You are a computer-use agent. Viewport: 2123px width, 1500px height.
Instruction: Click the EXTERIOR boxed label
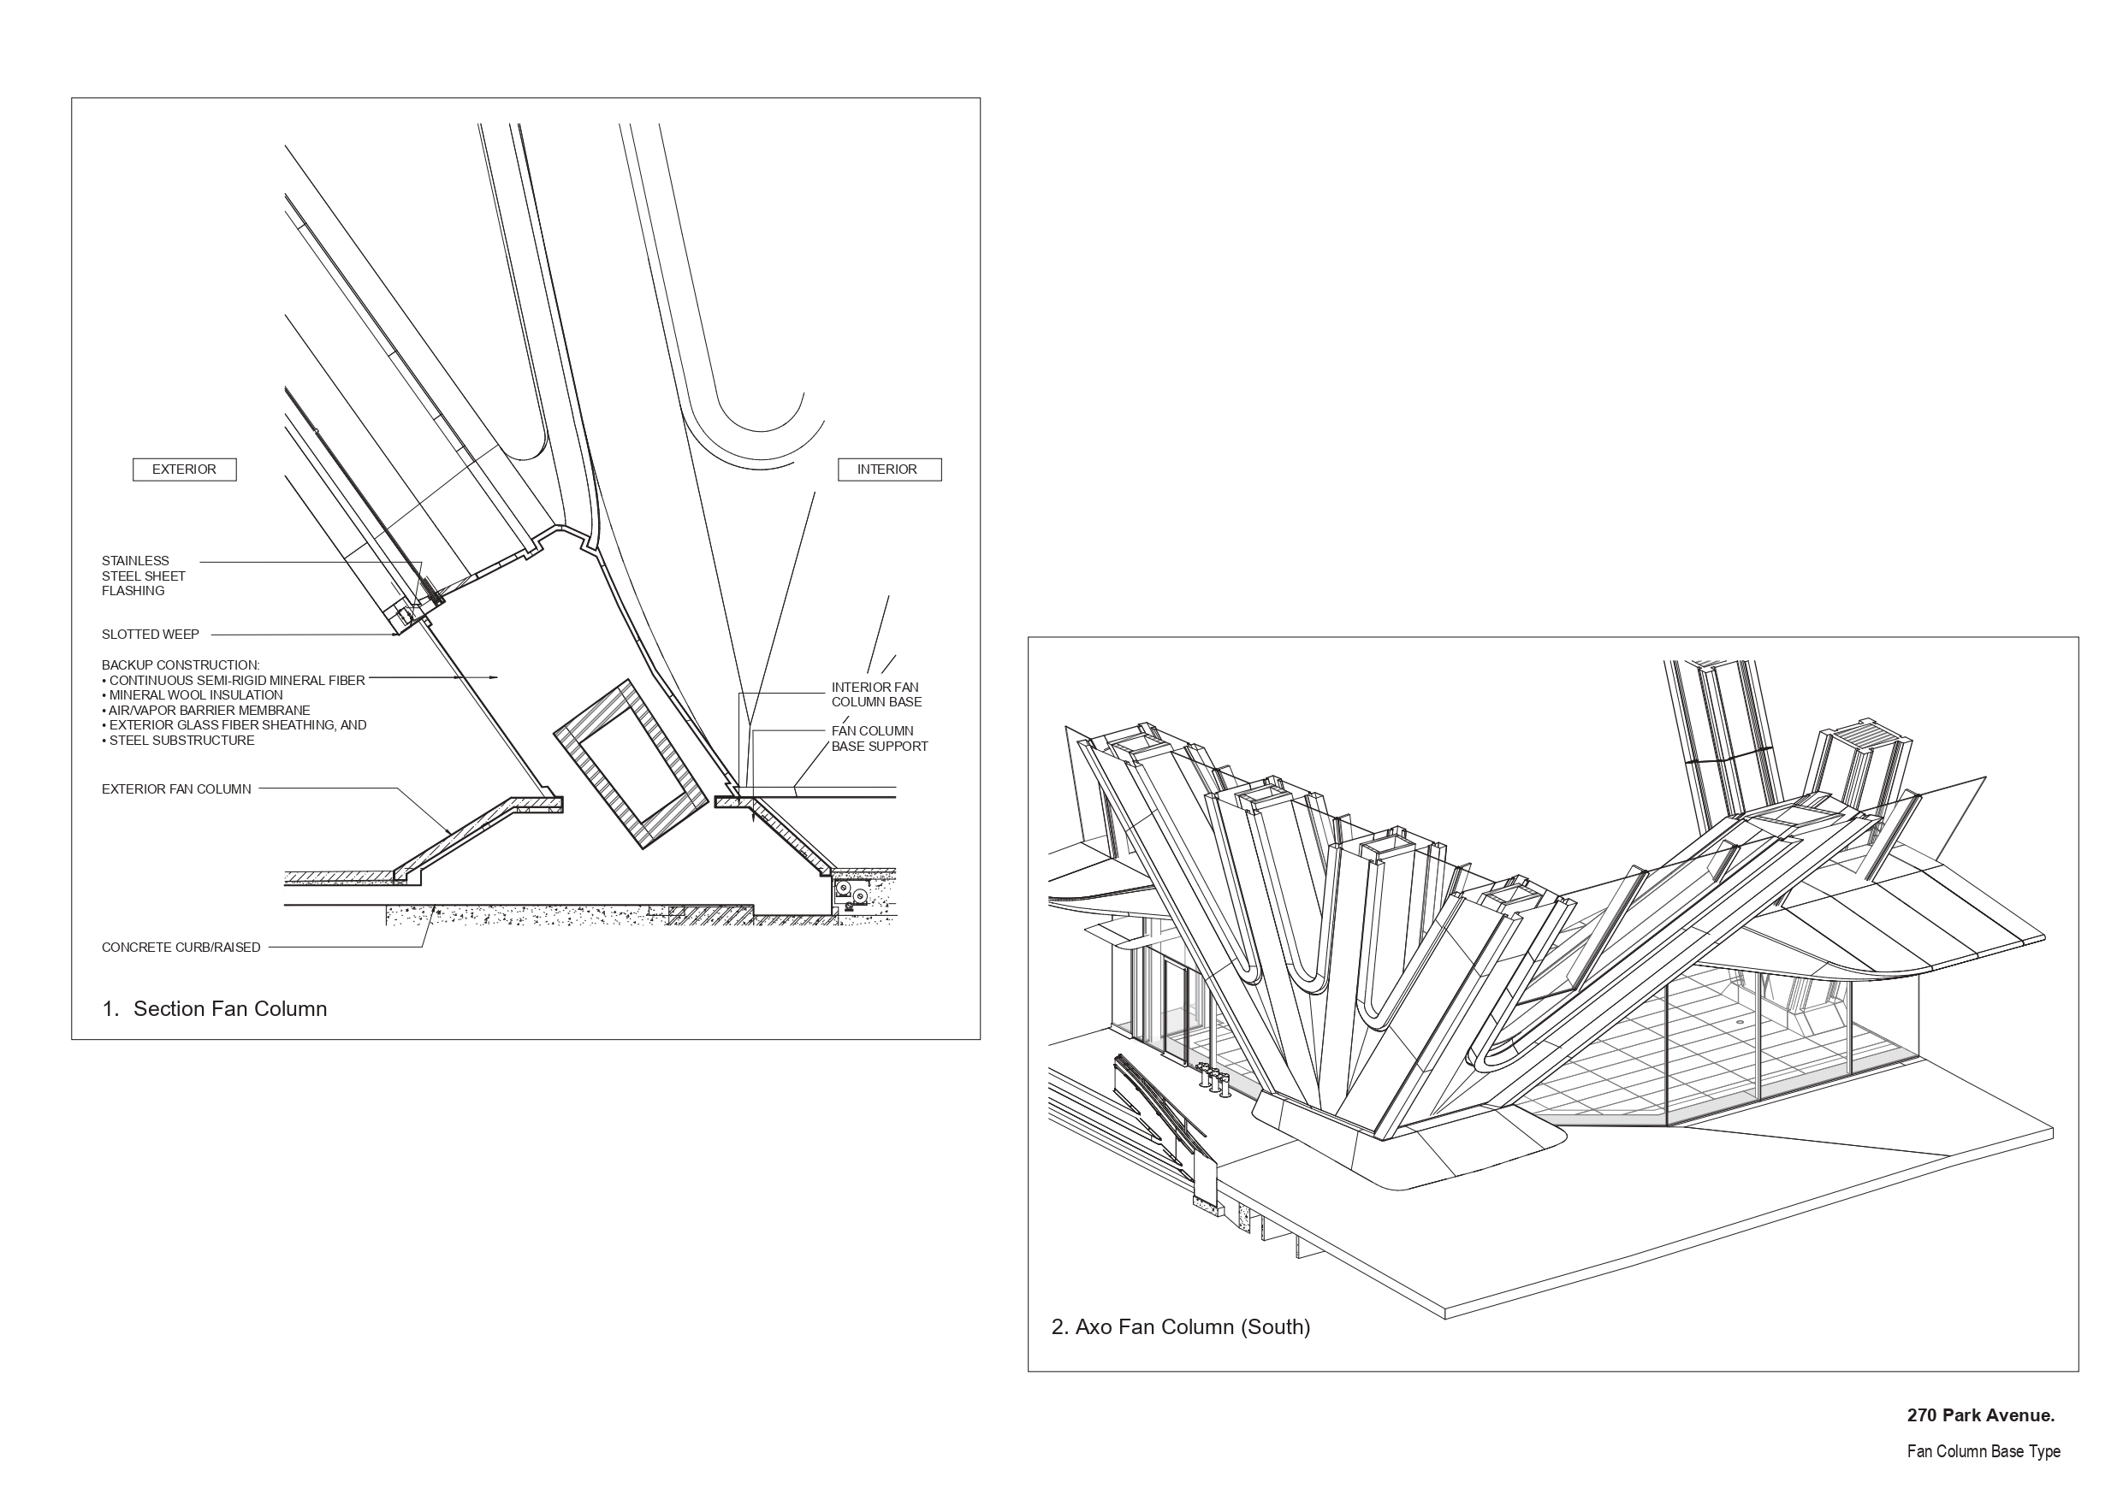pos(184,469)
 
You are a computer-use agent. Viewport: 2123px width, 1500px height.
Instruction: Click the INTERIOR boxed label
pos(888,469)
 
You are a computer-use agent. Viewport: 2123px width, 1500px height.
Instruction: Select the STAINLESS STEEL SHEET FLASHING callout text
pos(143,576)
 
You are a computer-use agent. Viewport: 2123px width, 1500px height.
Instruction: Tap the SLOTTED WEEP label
pos(150,634)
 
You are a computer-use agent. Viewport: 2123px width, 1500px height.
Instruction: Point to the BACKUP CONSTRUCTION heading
pos(181,664)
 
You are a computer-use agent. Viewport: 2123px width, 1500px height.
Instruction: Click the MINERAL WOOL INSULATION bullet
pos(194,695)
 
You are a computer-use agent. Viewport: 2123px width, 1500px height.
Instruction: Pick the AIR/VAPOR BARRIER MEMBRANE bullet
pos(208,710)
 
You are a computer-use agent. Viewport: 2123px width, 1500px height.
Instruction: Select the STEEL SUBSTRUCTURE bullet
pos(181,741)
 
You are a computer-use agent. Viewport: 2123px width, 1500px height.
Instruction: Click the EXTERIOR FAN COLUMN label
pos(175,789)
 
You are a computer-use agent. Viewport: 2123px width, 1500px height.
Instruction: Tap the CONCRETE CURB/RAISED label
pos(181,948)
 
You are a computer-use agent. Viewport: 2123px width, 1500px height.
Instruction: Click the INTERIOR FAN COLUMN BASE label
pos(875,694)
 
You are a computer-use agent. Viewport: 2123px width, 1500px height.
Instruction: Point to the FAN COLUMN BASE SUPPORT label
pos(879,738)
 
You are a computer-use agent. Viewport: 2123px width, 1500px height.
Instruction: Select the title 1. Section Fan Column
pos(215,1008)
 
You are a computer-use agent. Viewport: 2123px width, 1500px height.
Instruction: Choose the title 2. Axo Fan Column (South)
pos(1180,1327)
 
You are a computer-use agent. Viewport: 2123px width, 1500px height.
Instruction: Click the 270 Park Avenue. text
pos(1980,1415)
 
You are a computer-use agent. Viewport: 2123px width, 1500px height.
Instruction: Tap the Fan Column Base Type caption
pos(1983,1451)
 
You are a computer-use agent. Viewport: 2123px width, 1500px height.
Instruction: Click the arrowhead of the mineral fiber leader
pos(495,677)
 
